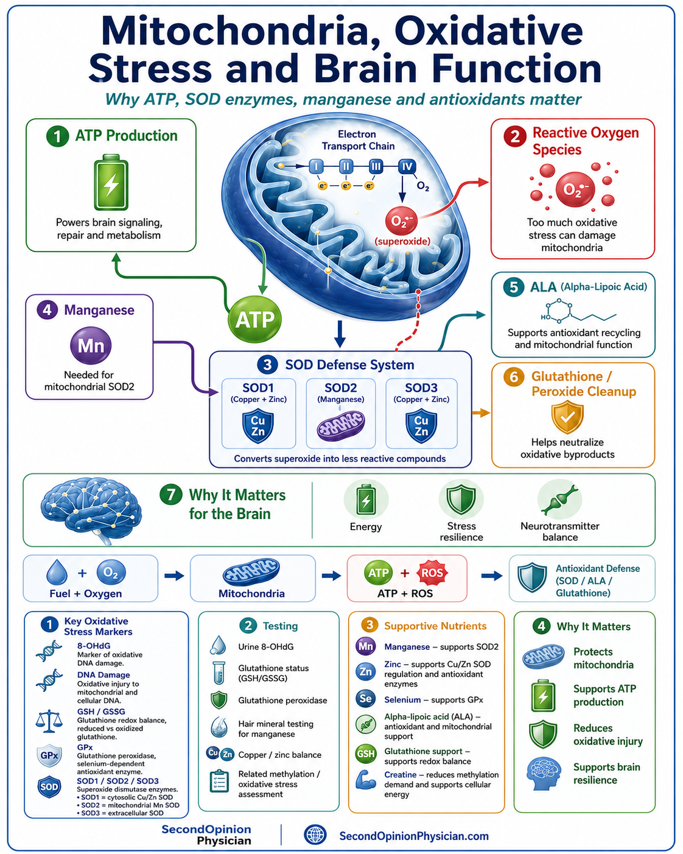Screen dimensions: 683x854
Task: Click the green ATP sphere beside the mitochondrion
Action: point(254,319)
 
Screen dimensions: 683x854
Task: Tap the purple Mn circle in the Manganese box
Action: point(91,345)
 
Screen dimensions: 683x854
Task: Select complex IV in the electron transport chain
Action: point(407,167)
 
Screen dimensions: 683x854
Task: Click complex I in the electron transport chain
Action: point(316,167)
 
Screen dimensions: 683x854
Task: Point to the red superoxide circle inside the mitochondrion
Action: point(401,221)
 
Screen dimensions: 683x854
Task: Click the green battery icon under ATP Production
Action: point(111,182)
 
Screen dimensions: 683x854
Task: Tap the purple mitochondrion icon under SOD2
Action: point(341,426)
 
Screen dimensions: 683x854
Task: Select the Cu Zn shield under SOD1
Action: point(258,426)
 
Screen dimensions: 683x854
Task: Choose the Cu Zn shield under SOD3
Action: point(421,426)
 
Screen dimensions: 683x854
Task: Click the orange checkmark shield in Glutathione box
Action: point(567,417)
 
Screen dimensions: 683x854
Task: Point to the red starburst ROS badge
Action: point(432,573)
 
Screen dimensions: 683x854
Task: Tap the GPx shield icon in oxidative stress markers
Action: point(49,755)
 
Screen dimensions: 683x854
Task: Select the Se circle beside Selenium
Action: point(365,699)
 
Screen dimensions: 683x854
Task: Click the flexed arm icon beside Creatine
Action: point(365,780)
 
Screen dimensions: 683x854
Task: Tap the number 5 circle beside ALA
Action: point(514,286)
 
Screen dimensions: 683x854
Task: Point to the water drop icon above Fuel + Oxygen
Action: point(57,572)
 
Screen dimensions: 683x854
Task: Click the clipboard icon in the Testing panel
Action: point(219,781)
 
